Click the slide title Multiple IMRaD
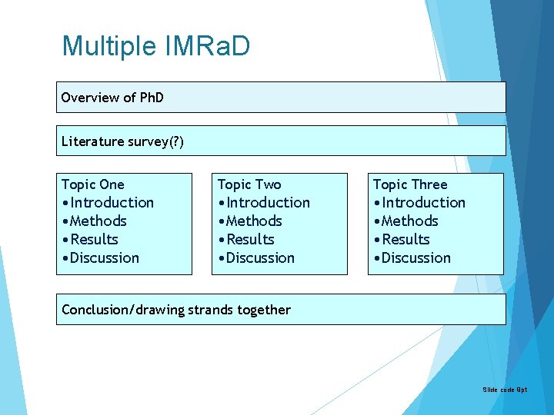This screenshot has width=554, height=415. pyautogui.click(x=155, y=46)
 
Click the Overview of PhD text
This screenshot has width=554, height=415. pyautogui.click(x=112, y=98)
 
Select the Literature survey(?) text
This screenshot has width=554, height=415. pyautogui.click(x=122, y=141)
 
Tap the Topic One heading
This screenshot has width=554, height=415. pyautogui.click(x=92, y=184)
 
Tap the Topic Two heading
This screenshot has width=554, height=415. pyautogui.click(x=249, y=184)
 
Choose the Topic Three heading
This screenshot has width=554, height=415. pyautogui.click(x=410, y=184)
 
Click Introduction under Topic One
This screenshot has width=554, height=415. pyautogui.click(x=111, y=203)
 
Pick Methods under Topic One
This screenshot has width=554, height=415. pyautogui.click(x=98, y=221)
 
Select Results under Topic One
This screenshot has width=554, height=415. pyautogui.click(x=93, y=240)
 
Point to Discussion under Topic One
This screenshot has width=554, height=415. pyautogui.click(x=104, y=258)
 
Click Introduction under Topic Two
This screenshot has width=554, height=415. pyautogui.click(x=267, y=203)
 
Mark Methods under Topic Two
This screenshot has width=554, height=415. pyautogui.click(x=253, y=221)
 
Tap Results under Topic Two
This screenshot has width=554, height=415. pyautogui.click(x=249, y=240)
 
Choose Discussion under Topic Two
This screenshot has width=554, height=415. pyautogui.click(x=259, y=258)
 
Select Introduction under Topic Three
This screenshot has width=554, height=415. pyautogui.click(x=422, y=203)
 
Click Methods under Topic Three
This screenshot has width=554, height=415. pyautogui.click(x=409, y=221)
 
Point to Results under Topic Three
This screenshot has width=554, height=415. pyautogui.click(x=405, y=240)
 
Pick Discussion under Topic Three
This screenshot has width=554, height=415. pyautogui.click(x=415, y=258)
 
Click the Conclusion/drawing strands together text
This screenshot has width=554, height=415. pyautogui.click(x=176, y=310)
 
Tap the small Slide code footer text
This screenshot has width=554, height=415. pyautogui.click(x=505, y=390)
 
